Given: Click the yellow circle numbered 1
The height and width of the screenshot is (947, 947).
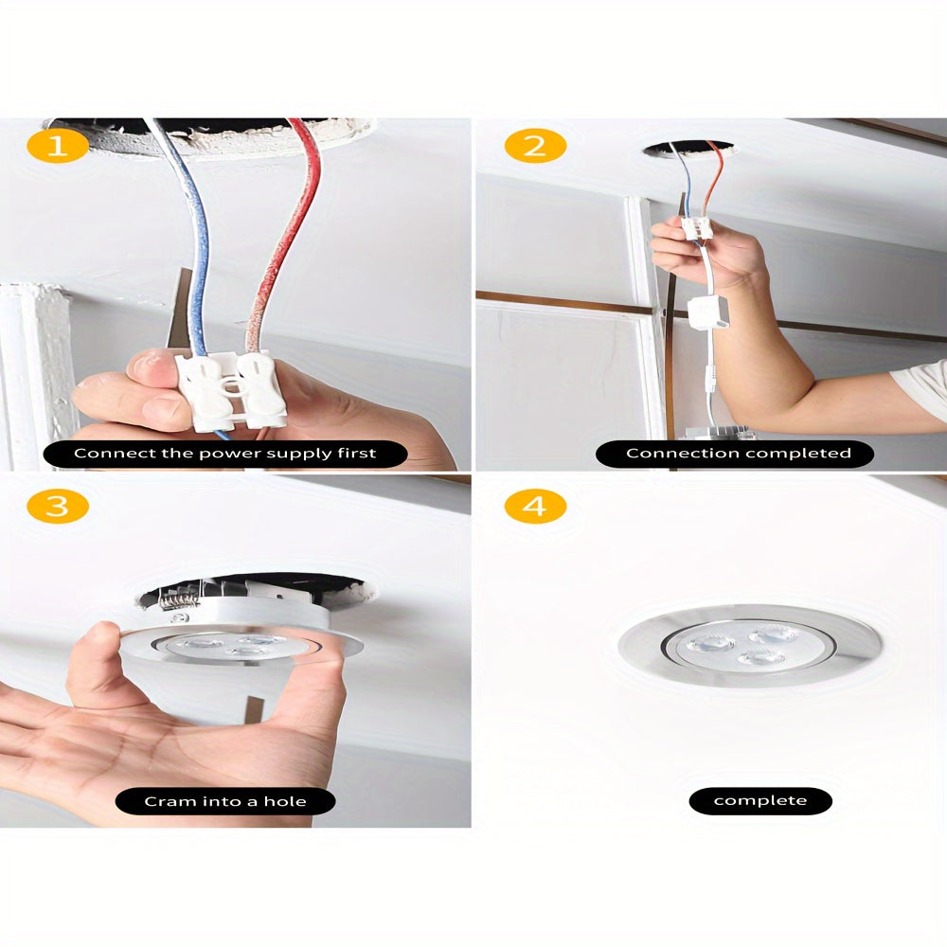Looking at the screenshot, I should coord(57,146).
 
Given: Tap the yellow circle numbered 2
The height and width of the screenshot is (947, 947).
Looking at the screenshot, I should coord(535,146).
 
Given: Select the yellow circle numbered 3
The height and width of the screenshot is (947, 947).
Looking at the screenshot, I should coord(57,506).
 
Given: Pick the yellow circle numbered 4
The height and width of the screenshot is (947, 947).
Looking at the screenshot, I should coord(535,506).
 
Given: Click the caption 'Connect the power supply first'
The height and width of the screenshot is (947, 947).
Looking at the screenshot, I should coord(225,454).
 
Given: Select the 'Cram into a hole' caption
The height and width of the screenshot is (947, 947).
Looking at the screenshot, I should coord(225,802).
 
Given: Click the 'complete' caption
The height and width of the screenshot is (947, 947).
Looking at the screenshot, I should coord(760,801).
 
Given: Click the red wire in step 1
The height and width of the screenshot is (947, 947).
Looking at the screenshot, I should coord(284,246).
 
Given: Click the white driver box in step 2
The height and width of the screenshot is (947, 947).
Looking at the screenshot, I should coord(708,313).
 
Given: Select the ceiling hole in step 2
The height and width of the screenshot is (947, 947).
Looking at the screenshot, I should coord(688,149).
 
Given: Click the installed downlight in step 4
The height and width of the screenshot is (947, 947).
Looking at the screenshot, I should coord(749,646).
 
